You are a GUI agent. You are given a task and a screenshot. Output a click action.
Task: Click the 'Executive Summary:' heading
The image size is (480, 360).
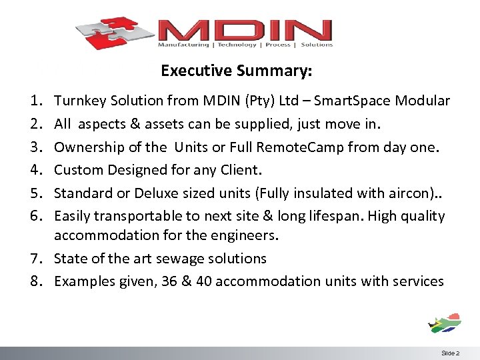[x=237, y=70]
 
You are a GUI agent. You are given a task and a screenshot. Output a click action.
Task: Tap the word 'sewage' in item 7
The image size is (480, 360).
[x=183, y=259]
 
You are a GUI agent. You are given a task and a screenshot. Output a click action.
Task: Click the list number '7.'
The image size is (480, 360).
[x=35, y=259]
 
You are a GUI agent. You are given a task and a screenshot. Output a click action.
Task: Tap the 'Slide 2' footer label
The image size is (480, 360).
[x=450, y=353]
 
